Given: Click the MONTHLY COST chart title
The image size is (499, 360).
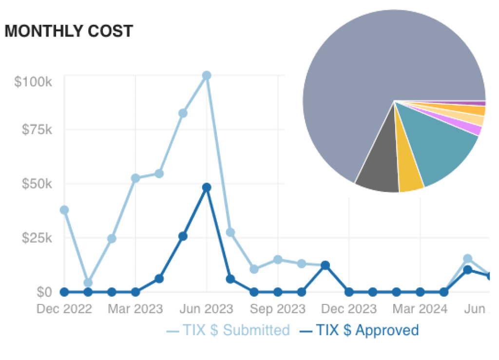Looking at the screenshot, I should [69, 31].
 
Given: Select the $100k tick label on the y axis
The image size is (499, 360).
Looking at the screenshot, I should [33, 81].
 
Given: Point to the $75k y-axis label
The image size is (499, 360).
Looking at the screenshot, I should [36, 130].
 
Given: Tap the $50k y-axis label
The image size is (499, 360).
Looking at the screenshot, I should [36, 184].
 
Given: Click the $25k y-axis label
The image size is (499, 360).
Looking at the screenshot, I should [36, 238].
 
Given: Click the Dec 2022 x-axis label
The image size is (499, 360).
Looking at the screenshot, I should [64, 309].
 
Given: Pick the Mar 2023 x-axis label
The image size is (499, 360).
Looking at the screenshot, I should [135, 309].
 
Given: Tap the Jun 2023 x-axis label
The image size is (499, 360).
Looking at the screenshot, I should [207, 309].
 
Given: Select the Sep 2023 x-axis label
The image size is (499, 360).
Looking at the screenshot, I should [278, 309].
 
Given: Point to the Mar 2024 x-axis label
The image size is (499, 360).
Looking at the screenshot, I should [420, 309].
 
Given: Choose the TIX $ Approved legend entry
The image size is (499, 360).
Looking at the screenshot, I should [359, 330].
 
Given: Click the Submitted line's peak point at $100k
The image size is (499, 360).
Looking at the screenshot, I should [207, 76].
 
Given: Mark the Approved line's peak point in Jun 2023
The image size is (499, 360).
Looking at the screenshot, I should [207, 188].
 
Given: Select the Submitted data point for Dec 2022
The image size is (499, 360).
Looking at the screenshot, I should [64, 210].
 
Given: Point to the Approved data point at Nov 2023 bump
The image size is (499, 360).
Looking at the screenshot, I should [325, 265].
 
